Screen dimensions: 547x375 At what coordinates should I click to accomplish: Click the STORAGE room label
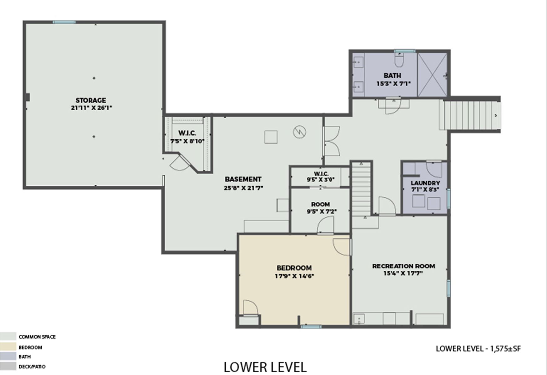(91, 100)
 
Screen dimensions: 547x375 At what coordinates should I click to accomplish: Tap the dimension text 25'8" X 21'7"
(243, 188)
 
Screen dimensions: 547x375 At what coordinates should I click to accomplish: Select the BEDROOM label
(294, 268)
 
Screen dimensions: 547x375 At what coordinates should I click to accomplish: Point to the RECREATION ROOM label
(404, 266)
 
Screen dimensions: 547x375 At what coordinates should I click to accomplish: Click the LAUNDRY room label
(425, 183)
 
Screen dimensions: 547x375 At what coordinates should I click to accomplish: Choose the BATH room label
(392, 75)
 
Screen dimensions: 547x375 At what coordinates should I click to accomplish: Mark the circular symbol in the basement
(299, 132)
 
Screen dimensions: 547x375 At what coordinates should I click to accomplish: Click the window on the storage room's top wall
(64, 22)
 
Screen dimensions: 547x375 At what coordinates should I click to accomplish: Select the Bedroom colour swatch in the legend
(8, 347)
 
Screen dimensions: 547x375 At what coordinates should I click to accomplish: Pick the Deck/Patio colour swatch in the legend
(8, 366)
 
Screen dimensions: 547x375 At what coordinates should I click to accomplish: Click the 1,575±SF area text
(505, 348)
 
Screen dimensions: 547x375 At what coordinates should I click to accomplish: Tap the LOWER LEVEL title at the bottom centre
(265, 367)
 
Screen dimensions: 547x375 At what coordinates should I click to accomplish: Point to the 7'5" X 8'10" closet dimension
(187, 141)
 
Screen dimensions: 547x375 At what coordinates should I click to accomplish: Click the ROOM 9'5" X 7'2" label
(320, 208)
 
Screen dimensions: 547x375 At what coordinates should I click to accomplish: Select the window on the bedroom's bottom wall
(311, 327)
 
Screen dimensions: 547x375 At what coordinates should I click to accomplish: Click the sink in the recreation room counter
(359, 319)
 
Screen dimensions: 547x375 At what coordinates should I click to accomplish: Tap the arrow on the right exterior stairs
(496, 115)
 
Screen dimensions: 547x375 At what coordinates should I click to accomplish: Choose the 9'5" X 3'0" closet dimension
(320, 180)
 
